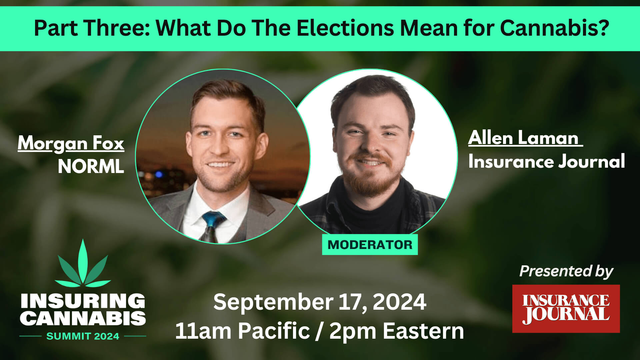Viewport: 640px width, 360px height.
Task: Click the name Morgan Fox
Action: [71, 144]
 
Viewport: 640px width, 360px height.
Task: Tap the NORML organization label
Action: [91, 166]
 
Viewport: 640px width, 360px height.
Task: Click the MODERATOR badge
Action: [370, 245]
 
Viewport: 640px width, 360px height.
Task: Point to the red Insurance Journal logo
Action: [566, 309]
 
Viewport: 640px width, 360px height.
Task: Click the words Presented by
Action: [566, 271]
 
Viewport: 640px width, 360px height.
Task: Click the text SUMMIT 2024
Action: [83, 336]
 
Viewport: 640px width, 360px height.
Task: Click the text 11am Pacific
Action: [243, 331]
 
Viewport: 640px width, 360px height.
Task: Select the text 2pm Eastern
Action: [397, 331]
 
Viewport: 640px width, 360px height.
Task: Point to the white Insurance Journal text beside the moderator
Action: [547, 162]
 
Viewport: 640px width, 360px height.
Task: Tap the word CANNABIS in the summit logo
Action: [83, 318]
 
